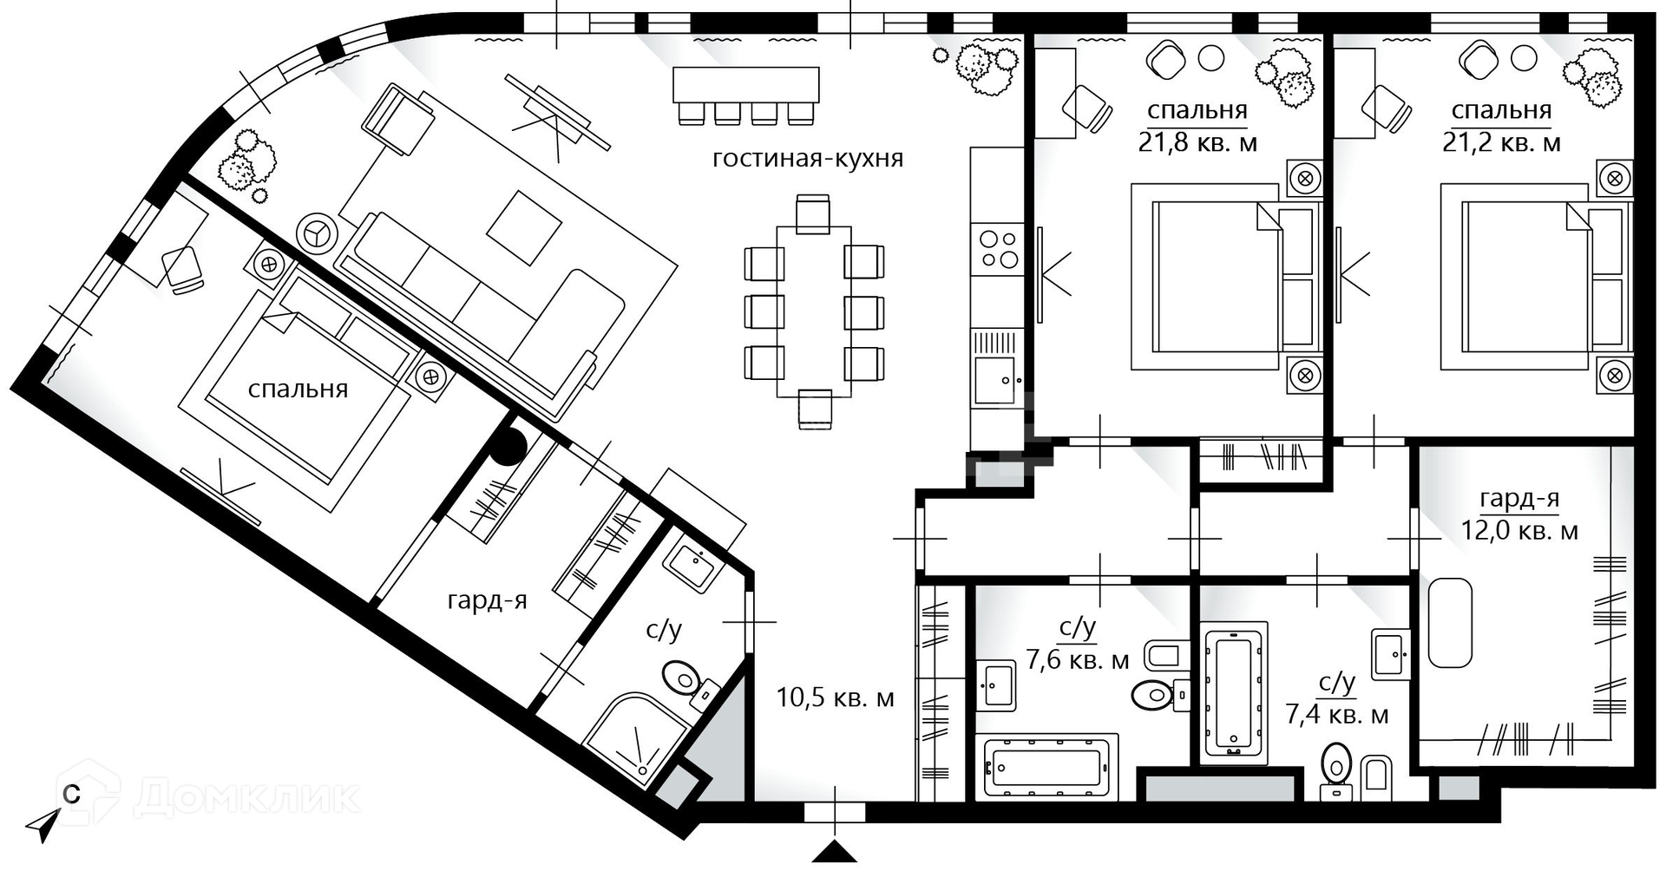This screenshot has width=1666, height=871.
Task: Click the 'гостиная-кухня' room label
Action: tap(808, 159)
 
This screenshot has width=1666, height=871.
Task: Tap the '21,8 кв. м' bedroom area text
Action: tap(1197, 142)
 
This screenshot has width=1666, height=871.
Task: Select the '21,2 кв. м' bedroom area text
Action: tap(1501, 142)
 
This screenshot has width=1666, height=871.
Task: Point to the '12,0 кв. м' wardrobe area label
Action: tap(1519, 530)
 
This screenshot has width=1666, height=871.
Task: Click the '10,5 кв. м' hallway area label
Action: tap(835, 697)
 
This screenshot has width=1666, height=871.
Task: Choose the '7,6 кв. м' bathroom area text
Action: tap(1078, 660)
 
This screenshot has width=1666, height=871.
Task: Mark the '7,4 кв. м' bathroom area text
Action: tap(1336, 715)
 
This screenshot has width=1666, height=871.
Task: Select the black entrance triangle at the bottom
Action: tap(834, 852)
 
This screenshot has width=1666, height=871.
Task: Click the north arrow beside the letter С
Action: tap(43, 825)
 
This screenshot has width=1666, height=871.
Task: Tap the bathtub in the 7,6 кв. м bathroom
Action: tap(1047, 768)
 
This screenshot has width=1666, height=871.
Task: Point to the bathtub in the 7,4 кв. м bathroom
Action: tap(1233, 692)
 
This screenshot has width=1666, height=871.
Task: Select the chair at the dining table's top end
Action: tap(813, 213)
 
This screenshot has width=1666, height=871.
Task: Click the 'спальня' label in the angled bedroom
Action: tap(298, 390)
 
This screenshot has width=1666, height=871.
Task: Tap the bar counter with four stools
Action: tap(746, 95)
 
